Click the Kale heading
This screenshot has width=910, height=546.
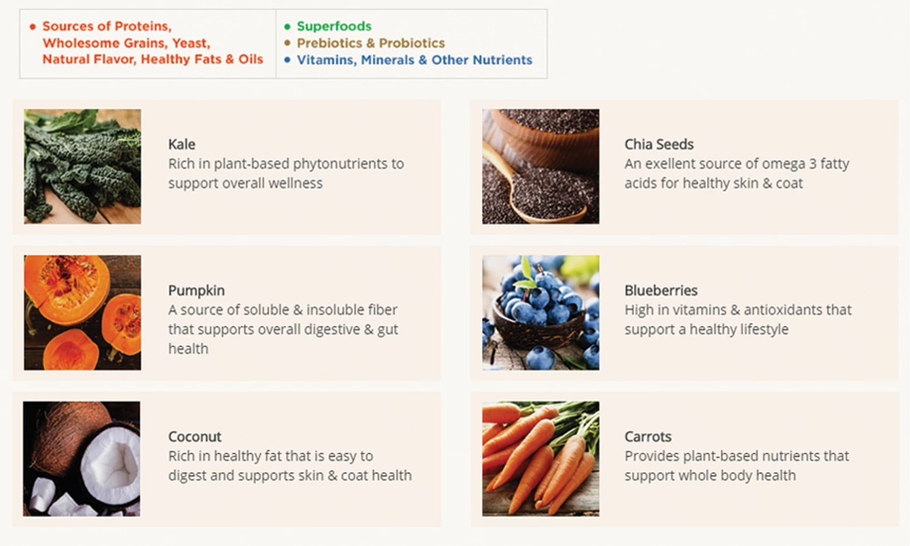point(181,144)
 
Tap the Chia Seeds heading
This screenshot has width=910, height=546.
point(658,144)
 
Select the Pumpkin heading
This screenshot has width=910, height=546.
point(196,291)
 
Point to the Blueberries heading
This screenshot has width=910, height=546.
point(661,291)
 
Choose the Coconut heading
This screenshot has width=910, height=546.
point(195,437)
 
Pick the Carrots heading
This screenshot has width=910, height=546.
point(647,437)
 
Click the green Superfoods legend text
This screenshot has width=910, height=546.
point(334,27)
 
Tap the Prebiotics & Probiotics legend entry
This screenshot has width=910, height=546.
point(371,43)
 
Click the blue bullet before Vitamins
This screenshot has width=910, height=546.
point(288,59)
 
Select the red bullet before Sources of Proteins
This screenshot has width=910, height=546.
point(33,27)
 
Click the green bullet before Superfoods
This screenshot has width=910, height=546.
point(288,27)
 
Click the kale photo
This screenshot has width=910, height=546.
point(83,166)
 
